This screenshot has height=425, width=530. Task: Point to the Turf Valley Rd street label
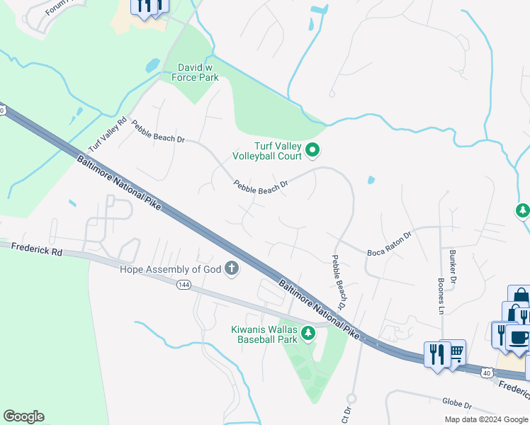click(107, 133)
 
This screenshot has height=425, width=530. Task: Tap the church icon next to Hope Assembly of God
click(231, 268)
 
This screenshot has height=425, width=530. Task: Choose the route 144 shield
click(183, 284)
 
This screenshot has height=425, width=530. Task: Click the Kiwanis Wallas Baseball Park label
click(264, 334)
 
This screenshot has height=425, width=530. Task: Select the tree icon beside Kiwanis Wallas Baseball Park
click(308, 332)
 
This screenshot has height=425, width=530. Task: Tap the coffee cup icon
click(519, 337)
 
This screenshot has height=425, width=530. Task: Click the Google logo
click(23, 416)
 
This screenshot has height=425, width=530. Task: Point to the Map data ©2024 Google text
click(485, 419)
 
